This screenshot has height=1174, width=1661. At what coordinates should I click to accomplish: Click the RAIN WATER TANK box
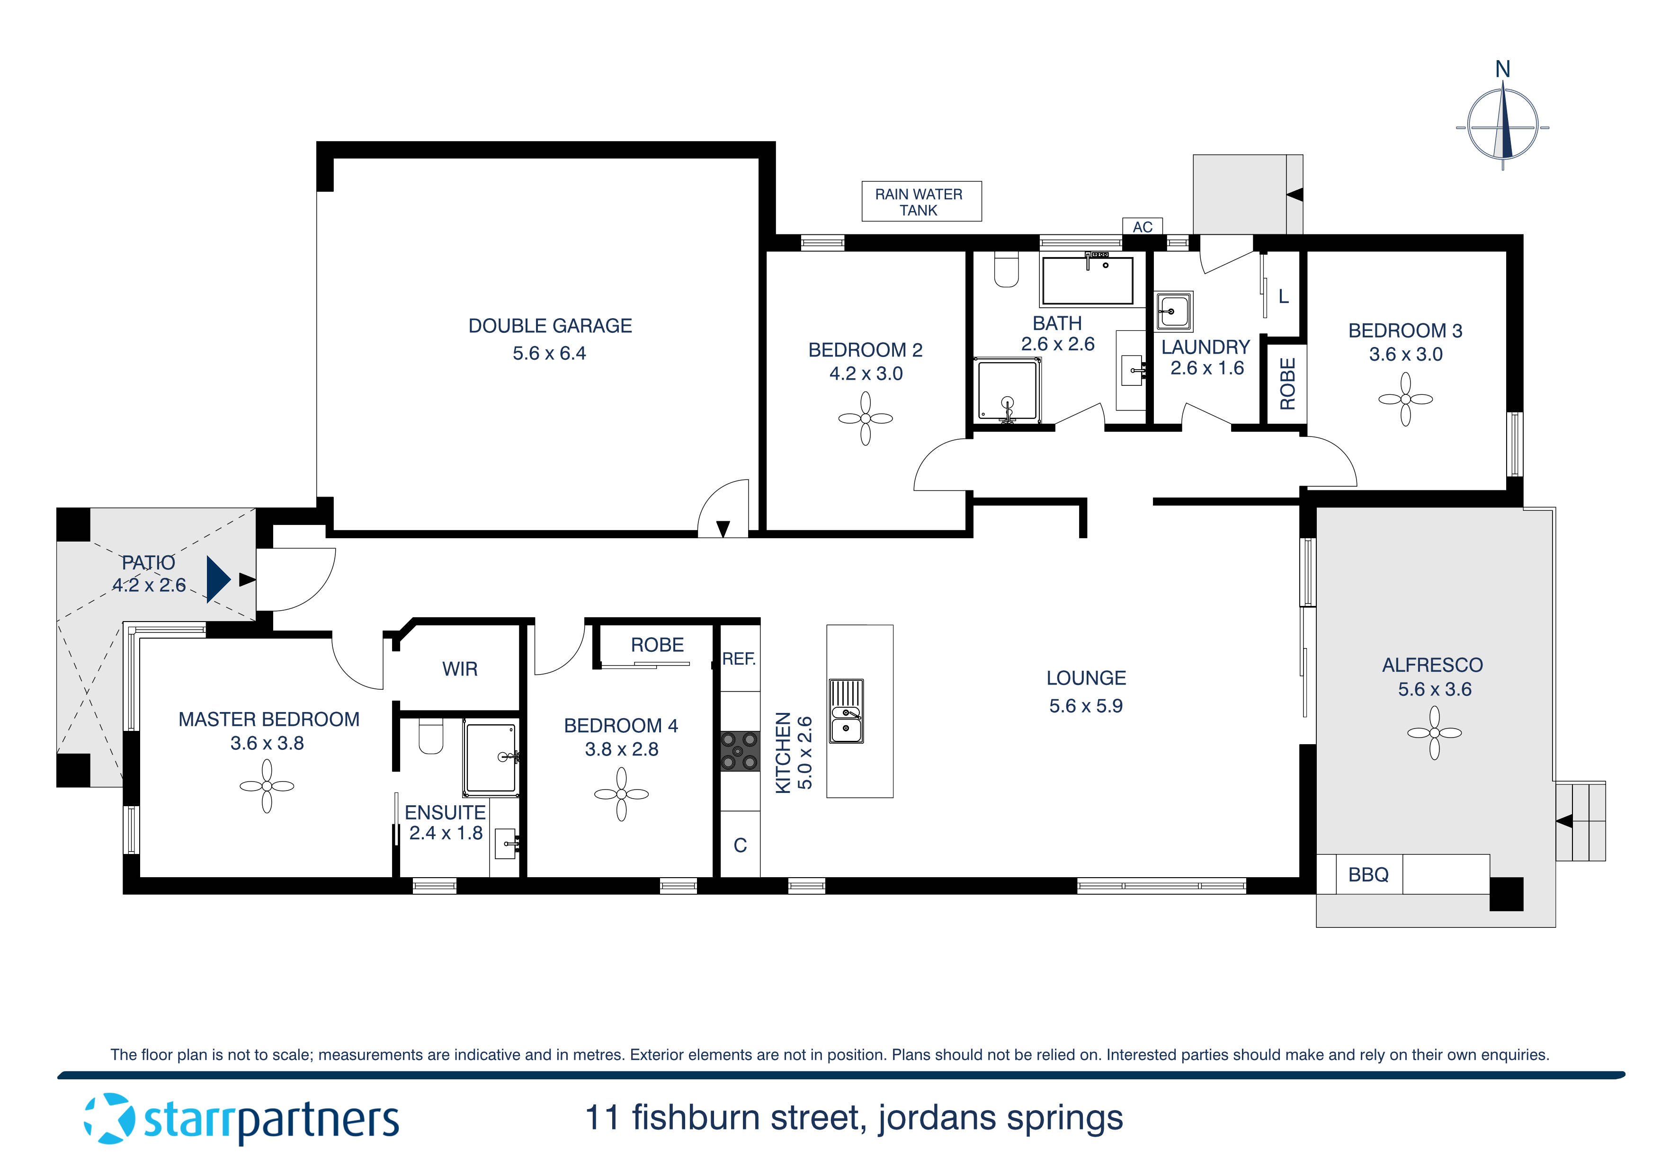[x=921, y=202]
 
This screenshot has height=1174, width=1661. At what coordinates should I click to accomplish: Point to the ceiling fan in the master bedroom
[x=267, y=786]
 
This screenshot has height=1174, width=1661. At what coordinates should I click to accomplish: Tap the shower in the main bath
[x=1008, y=391]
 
